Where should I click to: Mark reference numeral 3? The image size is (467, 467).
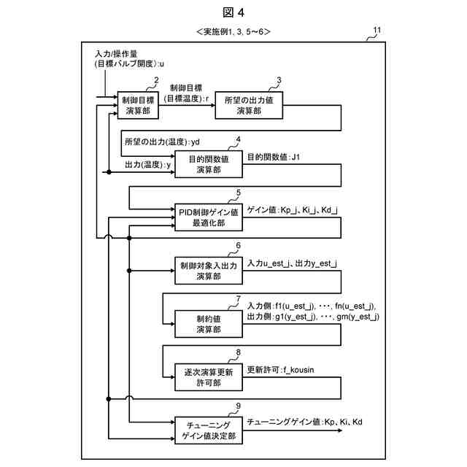tap(278, 80)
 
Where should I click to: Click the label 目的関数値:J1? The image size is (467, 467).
tap(277, 156)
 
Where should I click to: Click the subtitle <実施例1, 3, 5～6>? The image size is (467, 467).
tap(233, 32)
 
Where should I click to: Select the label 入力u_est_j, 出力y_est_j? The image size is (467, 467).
tap(296, 263)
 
